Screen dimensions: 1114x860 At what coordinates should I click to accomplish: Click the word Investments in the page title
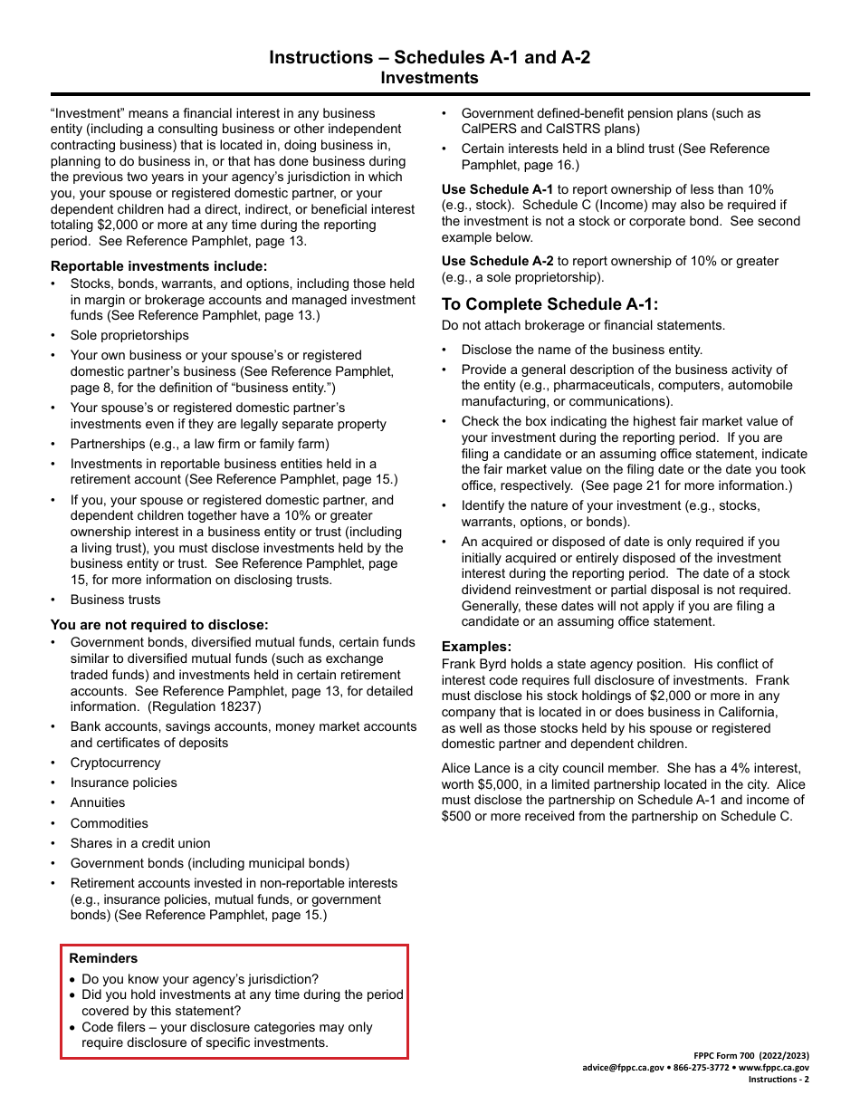(x=429, y=78)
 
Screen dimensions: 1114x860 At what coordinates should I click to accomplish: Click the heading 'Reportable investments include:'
(x=158, y=265)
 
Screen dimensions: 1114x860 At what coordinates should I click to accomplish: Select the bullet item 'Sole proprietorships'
(x=129, y=335)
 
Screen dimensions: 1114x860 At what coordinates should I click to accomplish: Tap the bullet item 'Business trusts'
(x=115, y=600)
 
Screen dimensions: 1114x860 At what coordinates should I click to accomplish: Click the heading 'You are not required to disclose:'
(x=159, y=625)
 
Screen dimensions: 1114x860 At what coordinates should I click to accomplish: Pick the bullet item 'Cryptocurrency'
(x=115, y=763)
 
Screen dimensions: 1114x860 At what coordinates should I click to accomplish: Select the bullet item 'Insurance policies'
(x=123, y=783)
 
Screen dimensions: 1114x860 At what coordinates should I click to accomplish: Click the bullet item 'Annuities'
(x=98, y=802)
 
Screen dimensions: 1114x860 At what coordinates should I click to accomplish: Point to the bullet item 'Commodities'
(x=109, y=823)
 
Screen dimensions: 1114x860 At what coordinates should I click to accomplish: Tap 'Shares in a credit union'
(x=140, y=843)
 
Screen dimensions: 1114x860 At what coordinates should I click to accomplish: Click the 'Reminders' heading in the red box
(x=103, y=958)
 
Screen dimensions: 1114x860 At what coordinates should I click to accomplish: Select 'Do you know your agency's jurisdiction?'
(x=200, y=979)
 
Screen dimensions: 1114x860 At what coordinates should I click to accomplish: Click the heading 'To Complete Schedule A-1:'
(x=550, y=304)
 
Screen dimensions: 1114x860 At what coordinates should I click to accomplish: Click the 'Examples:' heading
(x=476, y=647)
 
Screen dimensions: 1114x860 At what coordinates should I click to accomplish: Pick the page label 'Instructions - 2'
(x=779, y=1079)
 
